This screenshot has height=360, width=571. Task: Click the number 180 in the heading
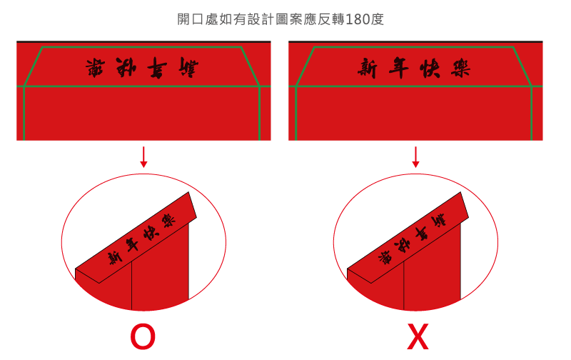coord(357,19)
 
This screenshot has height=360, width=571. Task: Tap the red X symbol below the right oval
coord(418,337)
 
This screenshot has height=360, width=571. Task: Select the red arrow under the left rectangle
coord(143,157)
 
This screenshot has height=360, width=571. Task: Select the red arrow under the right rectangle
coord(415,157)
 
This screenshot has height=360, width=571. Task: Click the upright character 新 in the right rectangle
coord(368,69)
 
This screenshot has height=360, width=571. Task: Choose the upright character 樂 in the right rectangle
coord(460,69)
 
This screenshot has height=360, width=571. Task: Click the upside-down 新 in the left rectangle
coord(188,69)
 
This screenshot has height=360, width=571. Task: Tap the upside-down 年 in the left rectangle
coord(158,69)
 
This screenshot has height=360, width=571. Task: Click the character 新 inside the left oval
coord(113,257)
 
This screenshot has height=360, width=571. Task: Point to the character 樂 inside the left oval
coord(168,219)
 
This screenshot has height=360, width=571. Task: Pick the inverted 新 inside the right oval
coord(439,219)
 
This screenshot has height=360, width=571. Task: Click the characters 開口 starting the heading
coord(191,19)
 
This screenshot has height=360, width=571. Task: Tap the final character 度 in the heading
coord(378,19)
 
